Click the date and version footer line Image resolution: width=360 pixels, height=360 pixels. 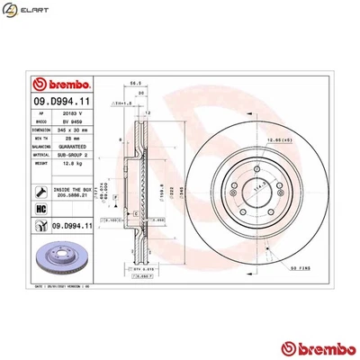(72, 284)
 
